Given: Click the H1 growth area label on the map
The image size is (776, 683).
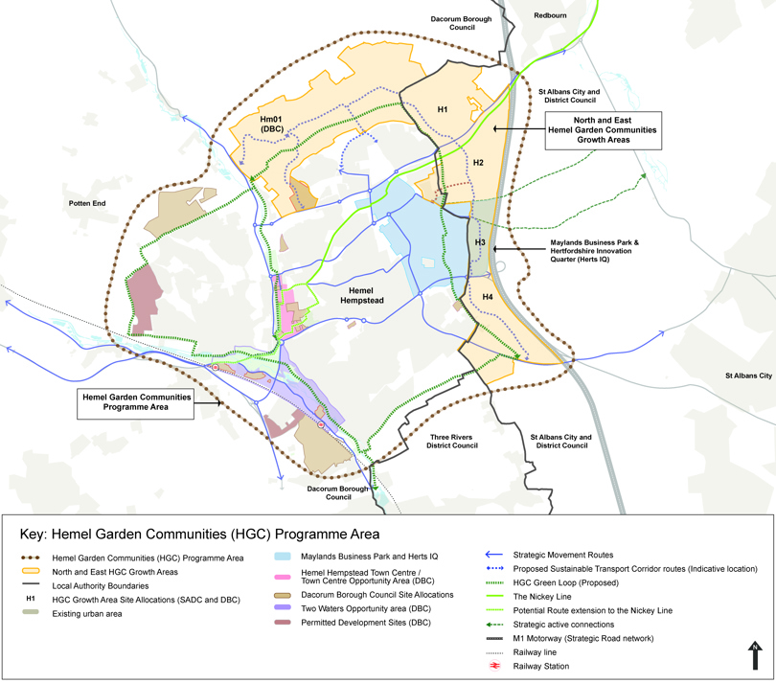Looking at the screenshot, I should pos(442,110).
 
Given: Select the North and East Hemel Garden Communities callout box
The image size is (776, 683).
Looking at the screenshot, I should pos(602,129).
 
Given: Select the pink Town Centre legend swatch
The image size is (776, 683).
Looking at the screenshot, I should pos(282,577).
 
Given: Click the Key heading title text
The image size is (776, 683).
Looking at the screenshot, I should pos(200,534).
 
